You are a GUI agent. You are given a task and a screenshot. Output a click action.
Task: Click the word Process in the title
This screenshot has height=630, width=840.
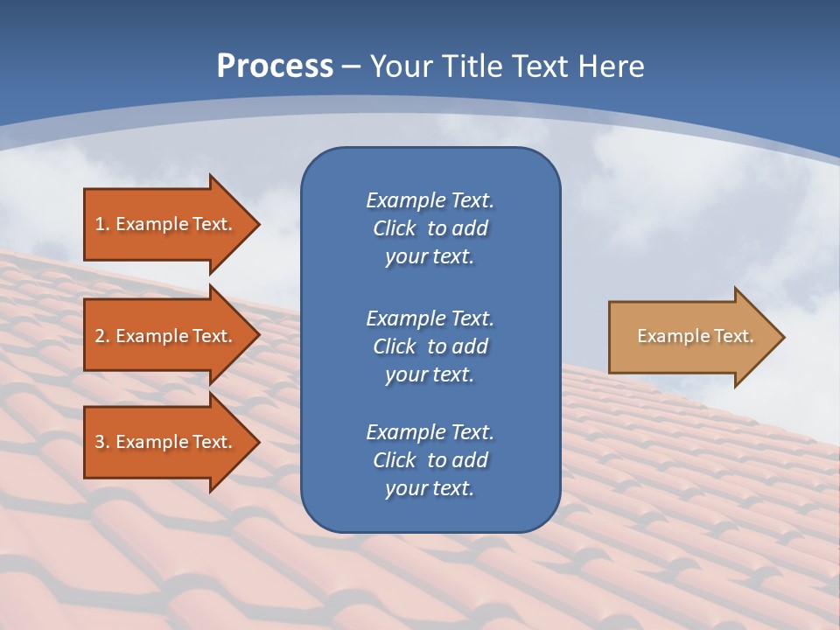click(275, 66)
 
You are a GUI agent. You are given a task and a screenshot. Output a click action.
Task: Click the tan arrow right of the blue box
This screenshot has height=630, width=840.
click(691, 337)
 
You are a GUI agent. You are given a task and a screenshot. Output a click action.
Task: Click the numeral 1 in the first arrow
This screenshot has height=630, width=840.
click(100, 224)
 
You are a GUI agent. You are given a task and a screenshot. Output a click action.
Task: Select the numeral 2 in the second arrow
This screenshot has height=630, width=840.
click(100, 336)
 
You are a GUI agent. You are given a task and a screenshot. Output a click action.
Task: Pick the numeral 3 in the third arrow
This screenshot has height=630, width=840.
click(100, 442)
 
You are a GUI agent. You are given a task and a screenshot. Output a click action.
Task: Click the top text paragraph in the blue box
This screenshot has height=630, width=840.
click(430, 228)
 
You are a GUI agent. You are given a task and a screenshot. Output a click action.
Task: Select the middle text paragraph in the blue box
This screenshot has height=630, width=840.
click(430, 346)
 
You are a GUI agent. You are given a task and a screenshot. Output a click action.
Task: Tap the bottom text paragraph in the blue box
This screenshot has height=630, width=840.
click(430, 460)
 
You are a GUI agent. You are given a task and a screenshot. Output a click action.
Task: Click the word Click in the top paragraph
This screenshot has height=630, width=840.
click(394, 228)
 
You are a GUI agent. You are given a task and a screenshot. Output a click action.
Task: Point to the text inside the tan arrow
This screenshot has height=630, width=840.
click(695, 336)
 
